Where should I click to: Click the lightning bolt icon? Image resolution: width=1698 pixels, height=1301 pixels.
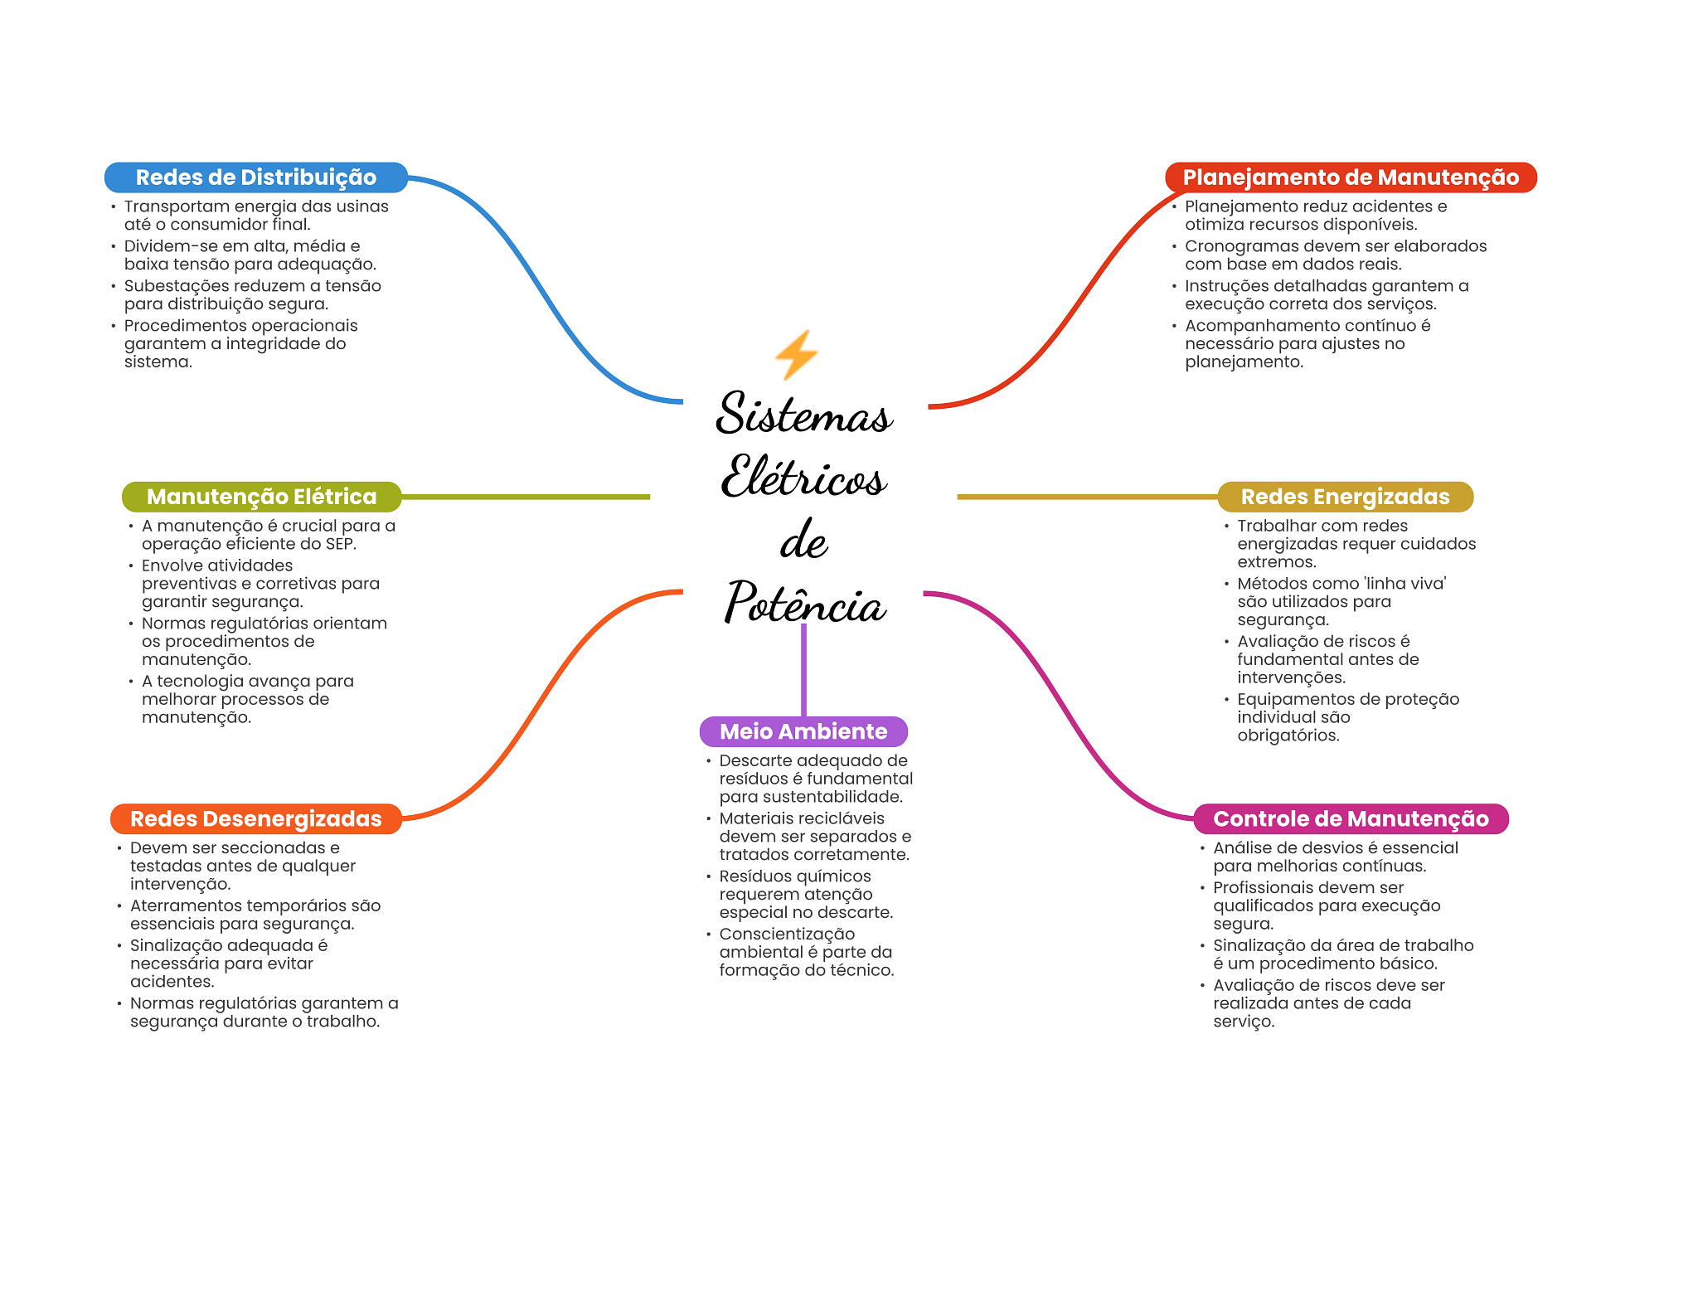[x=797, y=355]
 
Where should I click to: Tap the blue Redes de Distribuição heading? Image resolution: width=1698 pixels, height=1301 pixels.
[x=256, y=177]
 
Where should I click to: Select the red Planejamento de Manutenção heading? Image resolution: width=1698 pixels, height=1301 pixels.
[x=1351, y=177]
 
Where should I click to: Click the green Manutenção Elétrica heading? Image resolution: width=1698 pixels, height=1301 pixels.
[x=262, y=497]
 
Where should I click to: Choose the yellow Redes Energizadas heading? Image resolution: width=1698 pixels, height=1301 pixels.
[x=1346, y=497]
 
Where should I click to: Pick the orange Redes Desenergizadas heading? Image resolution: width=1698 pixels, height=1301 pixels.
[x=256, y=819]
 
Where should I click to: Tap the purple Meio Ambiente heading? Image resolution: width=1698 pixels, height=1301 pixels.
[x=803, y=731]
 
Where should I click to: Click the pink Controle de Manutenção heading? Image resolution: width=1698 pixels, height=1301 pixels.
[x=1351, y=819]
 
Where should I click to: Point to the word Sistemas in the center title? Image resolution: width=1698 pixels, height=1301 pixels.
[x=804, y=413]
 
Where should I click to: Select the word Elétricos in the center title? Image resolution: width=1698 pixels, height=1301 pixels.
[x=803, y=476]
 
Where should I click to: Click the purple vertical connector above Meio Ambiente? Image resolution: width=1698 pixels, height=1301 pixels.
[x=803, y=670]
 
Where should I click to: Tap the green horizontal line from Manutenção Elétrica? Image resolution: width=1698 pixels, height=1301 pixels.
[x=526, y=497]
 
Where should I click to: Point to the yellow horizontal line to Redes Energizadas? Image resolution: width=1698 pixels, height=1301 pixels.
[x=1088, y=497]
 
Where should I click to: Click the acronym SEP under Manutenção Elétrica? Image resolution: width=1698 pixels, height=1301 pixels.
[x=338, y=544]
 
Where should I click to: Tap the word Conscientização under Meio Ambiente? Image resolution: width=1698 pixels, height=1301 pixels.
[x=787, y=934]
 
